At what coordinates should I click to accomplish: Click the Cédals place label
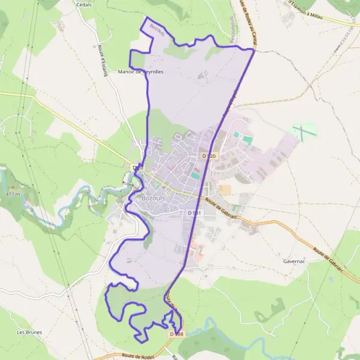click(83, 4)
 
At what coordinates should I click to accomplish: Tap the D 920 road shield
click(209, 156)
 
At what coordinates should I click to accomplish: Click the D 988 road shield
click(176, 334)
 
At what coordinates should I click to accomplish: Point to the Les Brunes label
click(29, 332)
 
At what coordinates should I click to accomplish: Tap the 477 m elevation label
click(13, 194)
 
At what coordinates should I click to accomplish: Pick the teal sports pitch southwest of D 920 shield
click(195, 175)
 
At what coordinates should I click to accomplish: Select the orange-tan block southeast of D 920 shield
click(225, 190)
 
